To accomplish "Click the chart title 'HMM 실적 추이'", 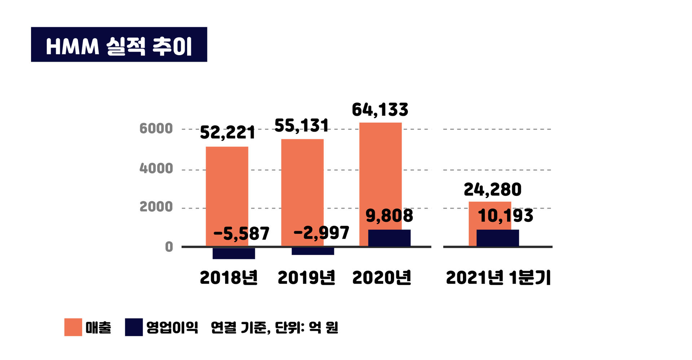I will point(119,45).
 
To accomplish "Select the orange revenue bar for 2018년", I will point(227,188).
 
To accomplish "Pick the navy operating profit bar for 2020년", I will point(389,238).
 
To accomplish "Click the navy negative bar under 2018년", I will point(234,253).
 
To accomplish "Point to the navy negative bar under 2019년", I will point(313,251).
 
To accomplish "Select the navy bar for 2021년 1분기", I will point(498,238).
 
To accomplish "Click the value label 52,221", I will point(227,133).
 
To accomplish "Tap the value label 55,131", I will point(301,126).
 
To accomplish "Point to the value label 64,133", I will point(380,110).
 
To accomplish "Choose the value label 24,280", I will point(493,190).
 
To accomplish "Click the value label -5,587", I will point(241,233).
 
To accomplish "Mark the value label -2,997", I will point(321,233).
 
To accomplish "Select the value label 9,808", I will point(389,215).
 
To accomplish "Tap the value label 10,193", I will point(505,216).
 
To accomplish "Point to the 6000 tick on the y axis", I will point(156,129).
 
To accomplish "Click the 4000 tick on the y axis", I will point(156,168).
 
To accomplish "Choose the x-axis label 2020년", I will point(382,278).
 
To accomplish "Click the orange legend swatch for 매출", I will point(73,327).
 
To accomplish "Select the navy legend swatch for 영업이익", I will point(134,327).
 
